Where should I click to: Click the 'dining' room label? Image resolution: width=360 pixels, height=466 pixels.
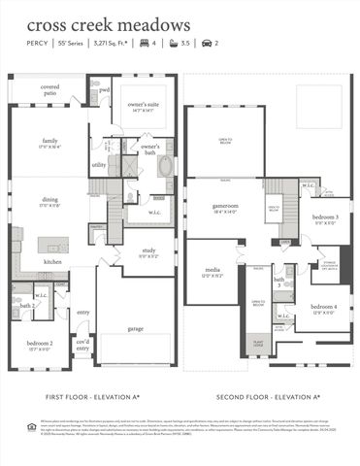pyautogui.click(x=49, y=203)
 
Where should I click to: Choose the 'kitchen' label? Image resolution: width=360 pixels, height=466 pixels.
pyautogui.click(x=52, y=261)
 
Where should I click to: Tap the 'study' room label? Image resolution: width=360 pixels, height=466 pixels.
pyautogui.click(x=147, y=251)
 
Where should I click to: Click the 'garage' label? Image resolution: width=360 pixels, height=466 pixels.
pyautogui.click(x=136, y=328)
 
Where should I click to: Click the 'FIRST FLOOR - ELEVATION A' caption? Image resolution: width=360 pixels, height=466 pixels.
pyautogui.click(x=94, y=398)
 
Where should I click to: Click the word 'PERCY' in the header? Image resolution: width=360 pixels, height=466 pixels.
pyautogui.click(x=37, y=45)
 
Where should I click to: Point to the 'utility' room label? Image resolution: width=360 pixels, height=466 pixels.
pyautogui.click(x=99, y=165)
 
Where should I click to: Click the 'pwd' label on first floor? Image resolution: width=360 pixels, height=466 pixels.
pyautogui.click(x=104, y=90)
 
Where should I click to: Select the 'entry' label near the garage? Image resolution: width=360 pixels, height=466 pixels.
pyautogui.click(x=82, y=313)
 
